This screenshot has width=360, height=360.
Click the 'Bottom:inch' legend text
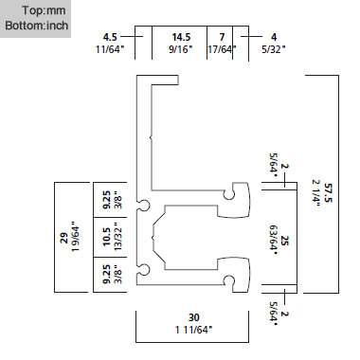(x=33, y=21)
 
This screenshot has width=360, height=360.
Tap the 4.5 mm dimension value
(x=110, y=38)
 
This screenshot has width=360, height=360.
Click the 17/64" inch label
(x=222, y=49)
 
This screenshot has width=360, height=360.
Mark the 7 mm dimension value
(x=222, y=38)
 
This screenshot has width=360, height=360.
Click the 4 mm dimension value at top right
(x=273, y=38)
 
